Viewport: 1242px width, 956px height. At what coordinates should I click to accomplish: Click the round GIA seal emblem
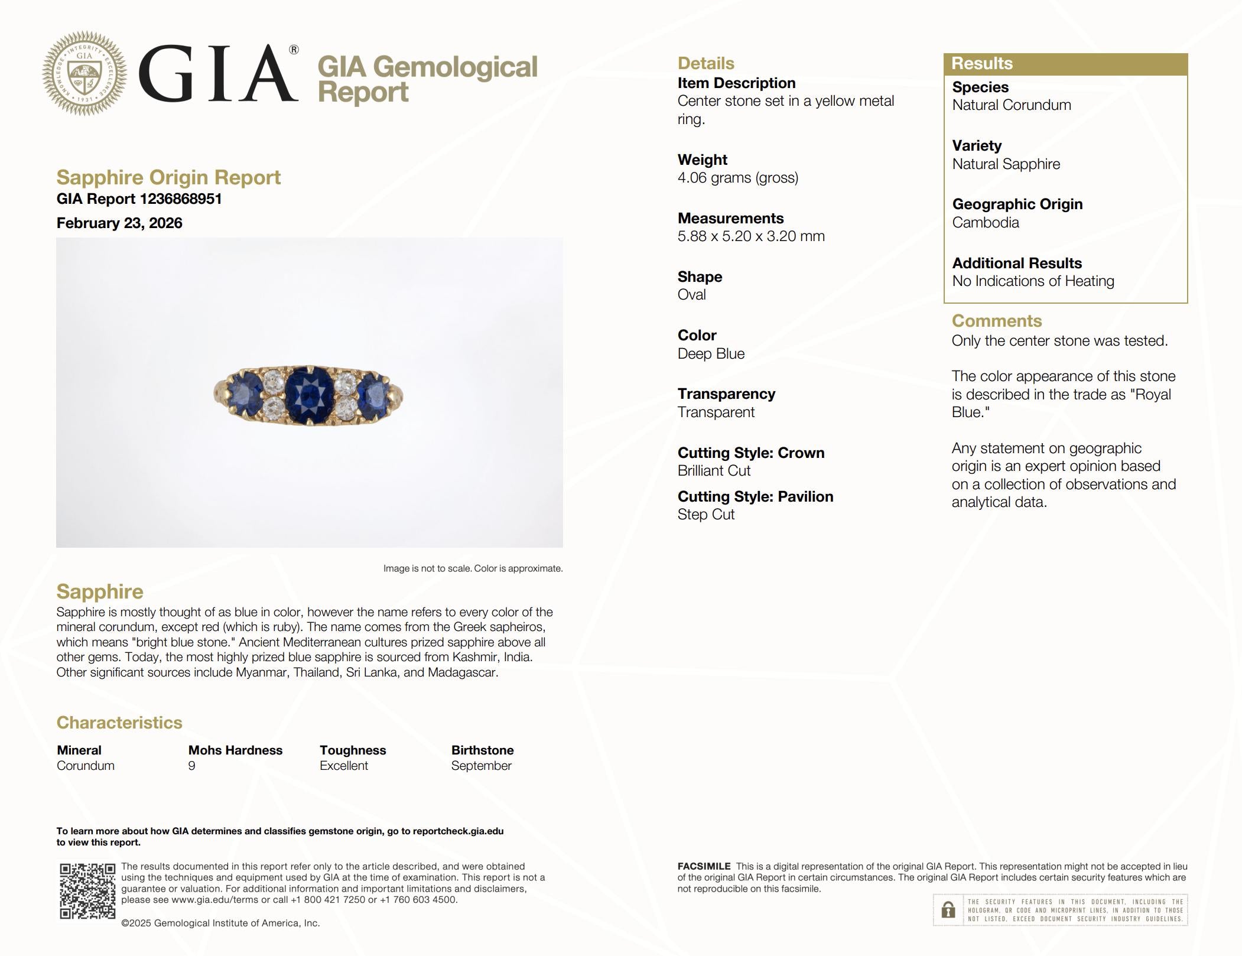[84, 73]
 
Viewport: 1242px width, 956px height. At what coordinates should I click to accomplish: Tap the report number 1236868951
[180, 199]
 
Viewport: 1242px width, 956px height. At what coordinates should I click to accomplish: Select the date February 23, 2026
[119, 223]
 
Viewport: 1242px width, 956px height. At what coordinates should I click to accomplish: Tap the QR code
[87, 891]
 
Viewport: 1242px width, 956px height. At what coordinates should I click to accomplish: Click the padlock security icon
[948, 910]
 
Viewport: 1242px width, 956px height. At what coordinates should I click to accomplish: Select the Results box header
[1065, 64]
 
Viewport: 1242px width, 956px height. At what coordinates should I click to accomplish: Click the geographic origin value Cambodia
[986, 223]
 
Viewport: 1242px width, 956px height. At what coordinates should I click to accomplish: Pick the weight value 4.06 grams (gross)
[737, 178]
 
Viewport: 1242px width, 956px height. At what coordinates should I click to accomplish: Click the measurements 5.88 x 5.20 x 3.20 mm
[751, 236]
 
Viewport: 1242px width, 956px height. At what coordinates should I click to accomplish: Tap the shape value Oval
[691, 295]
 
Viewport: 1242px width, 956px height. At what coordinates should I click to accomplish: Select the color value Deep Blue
[711, 354]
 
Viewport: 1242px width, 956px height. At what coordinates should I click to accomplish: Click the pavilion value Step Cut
[705, 515]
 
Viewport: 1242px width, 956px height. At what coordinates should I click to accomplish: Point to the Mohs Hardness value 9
[191, 766]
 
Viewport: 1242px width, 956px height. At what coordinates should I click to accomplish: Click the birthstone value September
[481, 766]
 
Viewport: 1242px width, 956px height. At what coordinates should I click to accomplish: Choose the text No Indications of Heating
[1033, 281]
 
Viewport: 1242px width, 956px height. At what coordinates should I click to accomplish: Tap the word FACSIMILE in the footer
[704, 866]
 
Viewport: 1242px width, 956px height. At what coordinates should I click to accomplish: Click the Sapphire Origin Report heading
[168, 177]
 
